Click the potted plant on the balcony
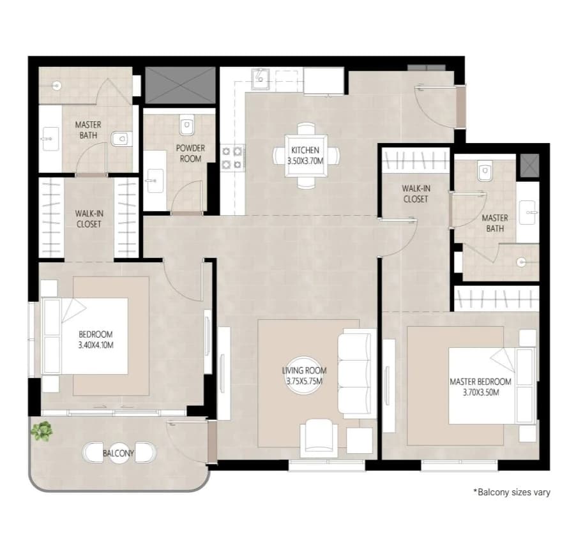[x=42, y=431]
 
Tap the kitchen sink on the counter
[x=260, y=79]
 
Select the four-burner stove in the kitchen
[x=232, y=158]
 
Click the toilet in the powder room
[x=186, y=124]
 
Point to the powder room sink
[x=155, y=181]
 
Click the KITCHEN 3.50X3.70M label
[x=305, y=155]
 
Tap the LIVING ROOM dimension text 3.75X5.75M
[x=304, y=382]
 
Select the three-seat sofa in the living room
[x=354, y=373]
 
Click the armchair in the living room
[x=319, y=439]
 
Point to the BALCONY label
[x=118, y=453]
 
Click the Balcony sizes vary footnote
[x=512, y=492]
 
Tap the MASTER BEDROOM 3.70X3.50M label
[x=480, y=387]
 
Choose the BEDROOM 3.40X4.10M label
[x=96, y=340]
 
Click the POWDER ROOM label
[x=190, y=153]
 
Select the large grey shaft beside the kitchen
[x=180, y=85]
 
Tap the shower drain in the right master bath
[x=521, y=262]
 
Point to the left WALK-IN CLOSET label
[x=89, y=219]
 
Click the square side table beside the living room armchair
[x=360, y=440]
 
